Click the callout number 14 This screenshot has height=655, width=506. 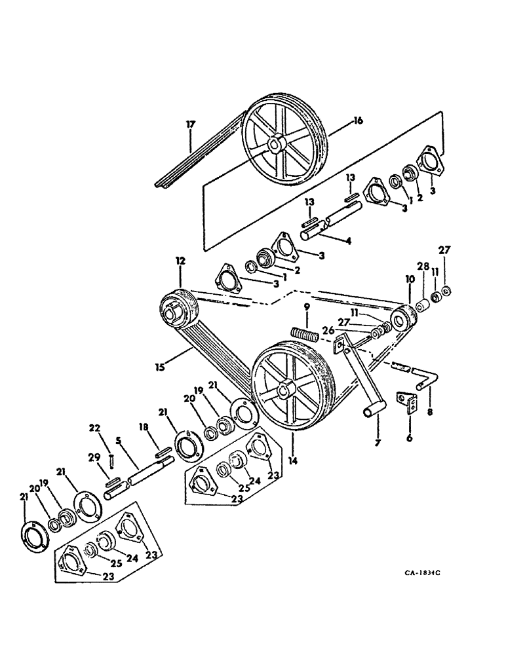[292, 461]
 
